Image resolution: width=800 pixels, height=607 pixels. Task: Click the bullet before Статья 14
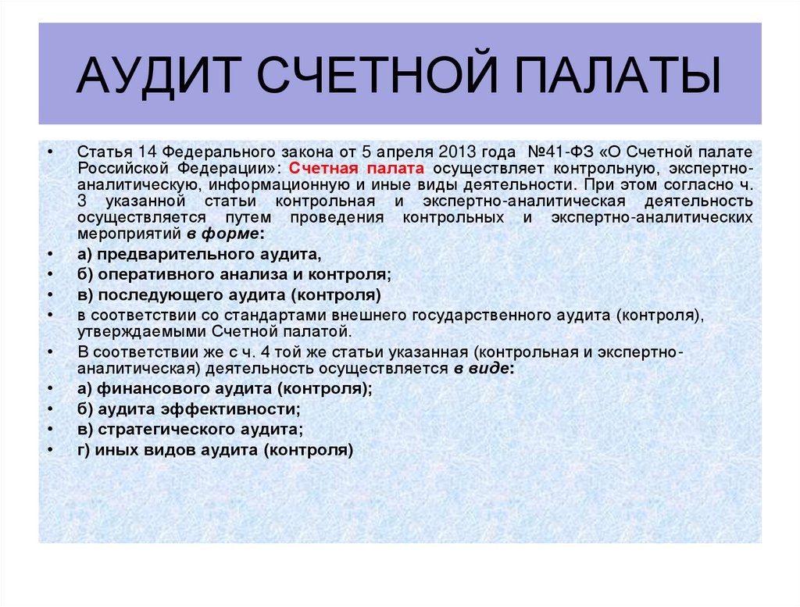(x=50, y=150)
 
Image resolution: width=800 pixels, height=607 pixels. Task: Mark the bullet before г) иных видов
(x=50, y=450)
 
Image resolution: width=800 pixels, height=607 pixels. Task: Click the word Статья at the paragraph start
(x=98, y=150)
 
